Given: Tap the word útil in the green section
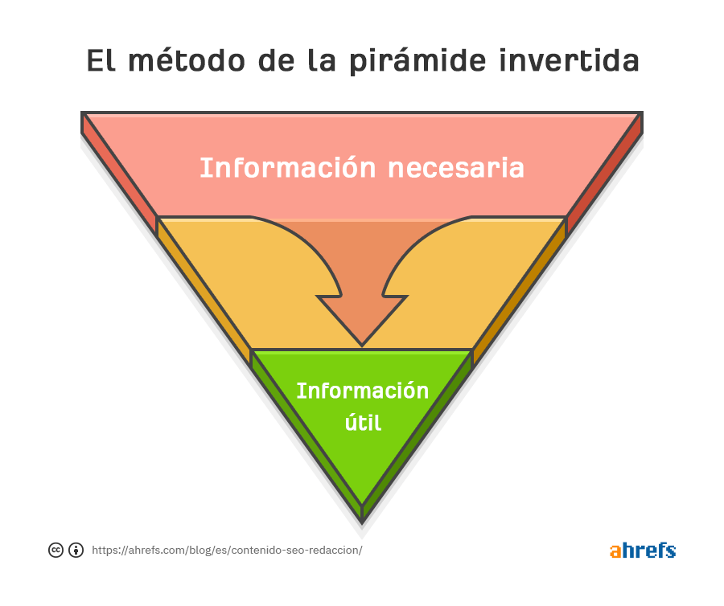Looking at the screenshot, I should click(x=363, y=421).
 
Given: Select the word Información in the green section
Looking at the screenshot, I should click(x=363, y=391).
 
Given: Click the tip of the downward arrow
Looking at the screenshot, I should click(x=362, y=344).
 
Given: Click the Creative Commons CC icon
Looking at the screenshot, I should click(x=56, y=550).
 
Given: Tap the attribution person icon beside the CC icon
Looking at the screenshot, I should click(x=76, y=550).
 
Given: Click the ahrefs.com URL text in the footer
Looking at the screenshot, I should click(x=227, y=551).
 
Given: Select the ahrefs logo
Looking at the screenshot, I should click(x=642, y=551).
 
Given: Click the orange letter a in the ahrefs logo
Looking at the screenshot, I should click(x=615, y=551).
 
